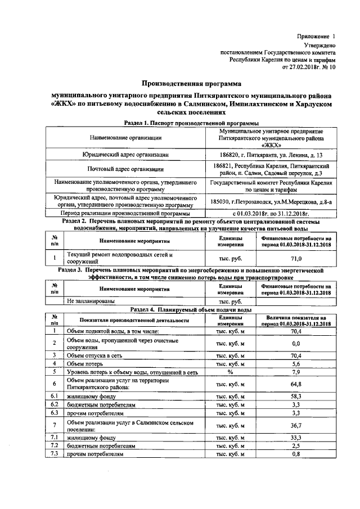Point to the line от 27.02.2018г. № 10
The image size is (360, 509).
308,66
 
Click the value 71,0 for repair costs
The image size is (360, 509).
296,258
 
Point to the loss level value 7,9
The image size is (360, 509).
296,371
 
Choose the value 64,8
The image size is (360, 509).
296,384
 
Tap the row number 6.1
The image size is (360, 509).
55,396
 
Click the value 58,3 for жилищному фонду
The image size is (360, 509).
296,396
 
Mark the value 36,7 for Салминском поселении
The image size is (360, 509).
296,425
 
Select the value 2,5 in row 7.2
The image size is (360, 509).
296,445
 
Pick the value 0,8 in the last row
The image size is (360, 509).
296,454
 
